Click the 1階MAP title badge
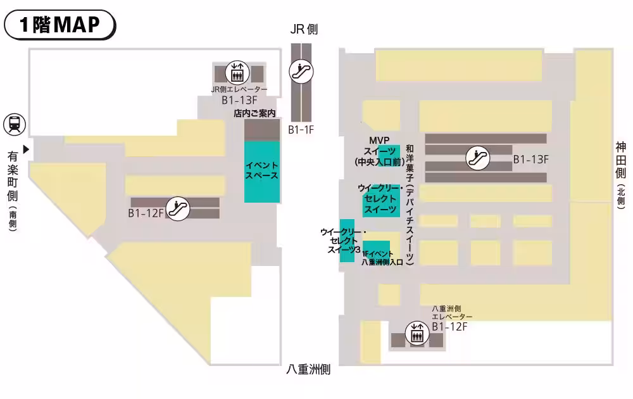click(x=60, y=25)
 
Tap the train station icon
click(x=14, y=124)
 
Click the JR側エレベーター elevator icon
click(x=238, y=72)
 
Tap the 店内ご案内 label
click(x=254, y=113)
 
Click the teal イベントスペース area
click(x=262, y=172)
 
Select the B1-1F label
click(x=301, y=130)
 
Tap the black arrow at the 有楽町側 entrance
click(x=26, y=149)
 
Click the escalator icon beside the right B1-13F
click(x=477, y=158)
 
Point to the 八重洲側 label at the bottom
click(x=308, y=370)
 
